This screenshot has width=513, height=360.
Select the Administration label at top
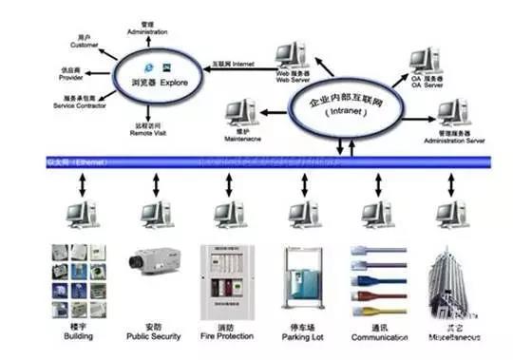[x=146, y=28]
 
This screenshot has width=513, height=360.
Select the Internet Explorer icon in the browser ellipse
[x=147, y=68]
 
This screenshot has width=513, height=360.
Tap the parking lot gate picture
[x=298, y=282]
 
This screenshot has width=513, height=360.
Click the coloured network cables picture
[x=371, y=281]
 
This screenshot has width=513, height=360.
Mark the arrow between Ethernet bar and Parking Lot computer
[x=298, y=184]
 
